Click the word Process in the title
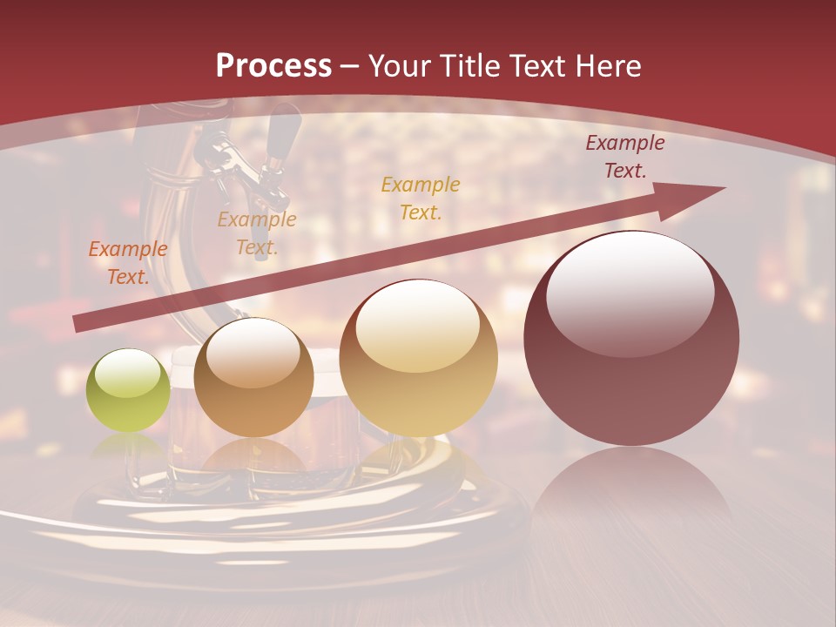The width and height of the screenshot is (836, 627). click(273, 66)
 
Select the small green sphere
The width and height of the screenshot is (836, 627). click(128, 390)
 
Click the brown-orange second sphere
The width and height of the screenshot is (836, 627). click(253, 377)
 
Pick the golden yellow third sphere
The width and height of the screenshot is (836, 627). click(418, 358)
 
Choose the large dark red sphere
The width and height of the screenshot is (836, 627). click(631, 338)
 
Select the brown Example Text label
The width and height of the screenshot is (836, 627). click(257, 233)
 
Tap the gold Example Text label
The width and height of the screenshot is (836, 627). click(421, 198)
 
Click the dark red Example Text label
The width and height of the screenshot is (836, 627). click(624, 157)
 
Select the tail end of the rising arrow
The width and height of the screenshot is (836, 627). click(78, 323)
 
